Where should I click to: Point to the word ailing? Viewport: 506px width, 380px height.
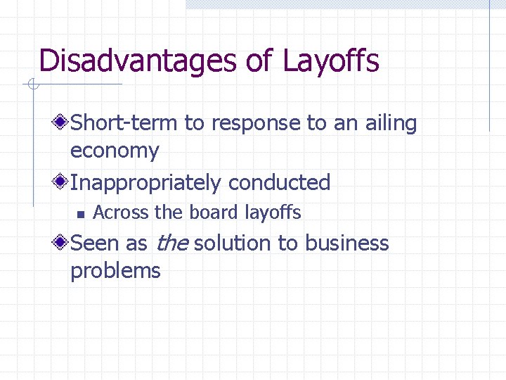pyautogui.click(x=391, y=124)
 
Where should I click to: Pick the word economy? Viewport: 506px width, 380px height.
pyautogui.click(x=115, y=151)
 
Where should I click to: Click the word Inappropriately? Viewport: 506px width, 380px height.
pyautogui.click(x=146, y=183)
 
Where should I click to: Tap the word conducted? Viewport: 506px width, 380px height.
pyautogui.click(x=279, y=183)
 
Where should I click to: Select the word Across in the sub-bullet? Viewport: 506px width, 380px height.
pyautogui.click(x=115, y=212)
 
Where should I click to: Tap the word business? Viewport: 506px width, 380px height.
pyautogui.click(x=346, y=243)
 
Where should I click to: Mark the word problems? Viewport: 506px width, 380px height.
pyautogui.click(x=115, y=271)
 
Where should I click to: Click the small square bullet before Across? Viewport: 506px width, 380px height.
pyautogui.click(x=81, y=213)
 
